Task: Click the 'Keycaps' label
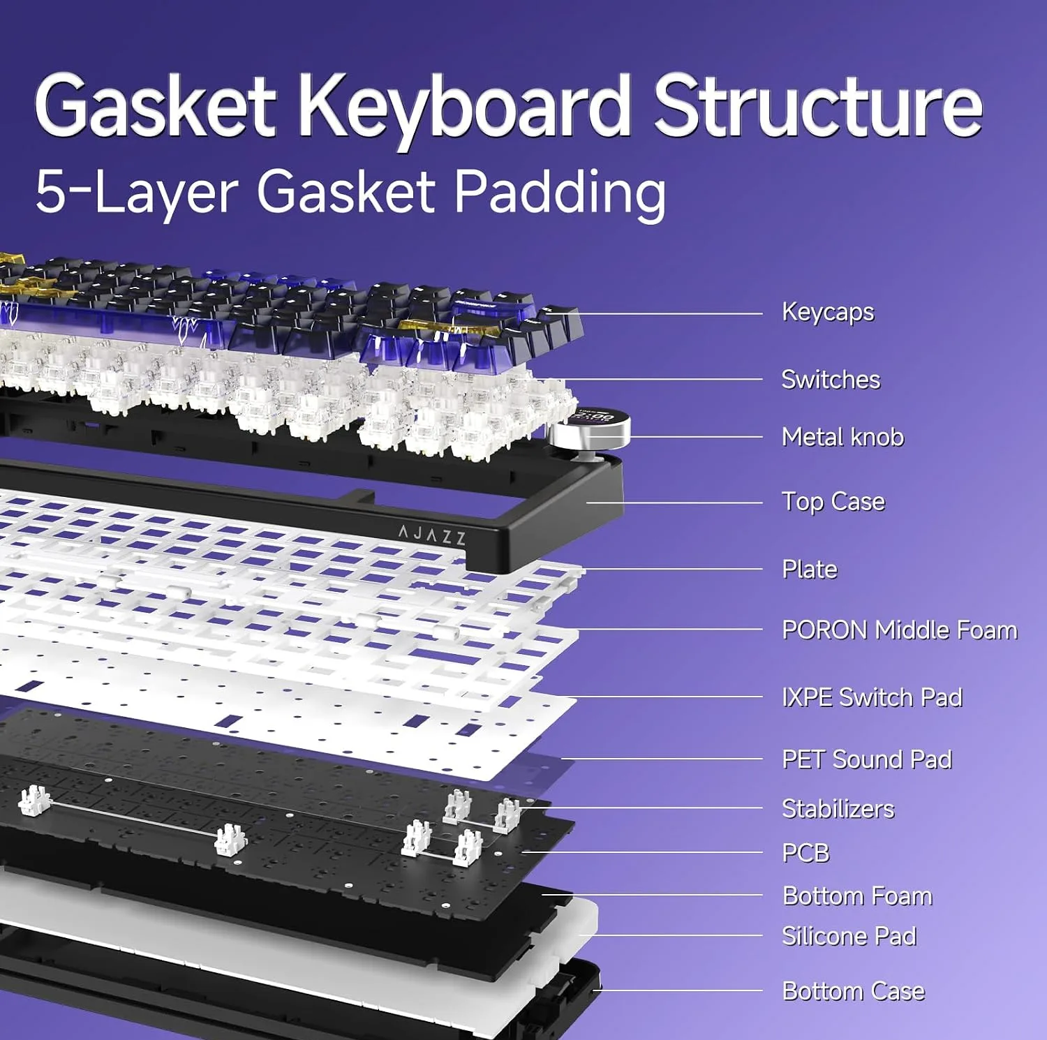pos(828,313)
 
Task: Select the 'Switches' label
pos(831,380)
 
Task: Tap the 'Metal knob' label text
pos(842,437)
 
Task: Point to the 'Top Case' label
pos(833,502)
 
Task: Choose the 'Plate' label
pos(810,569)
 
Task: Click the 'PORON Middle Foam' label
pos(900,630)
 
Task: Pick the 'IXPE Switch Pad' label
pos(872,697)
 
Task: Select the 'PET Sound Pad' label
pos(867,759)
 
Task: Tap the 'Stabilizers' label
pos(838,809)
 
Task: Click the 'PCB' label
pos(806,853)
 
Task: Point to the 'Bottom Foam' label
pos(858,896)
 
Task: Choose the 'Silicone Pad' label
pos(849,936)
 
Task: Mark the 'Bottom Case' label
pos(854,991)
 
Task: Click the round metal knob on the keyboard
pos(591,432)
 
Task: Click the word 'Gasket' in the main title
pos(155,106)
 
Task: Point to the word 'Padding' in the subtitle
pos(560,192)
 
